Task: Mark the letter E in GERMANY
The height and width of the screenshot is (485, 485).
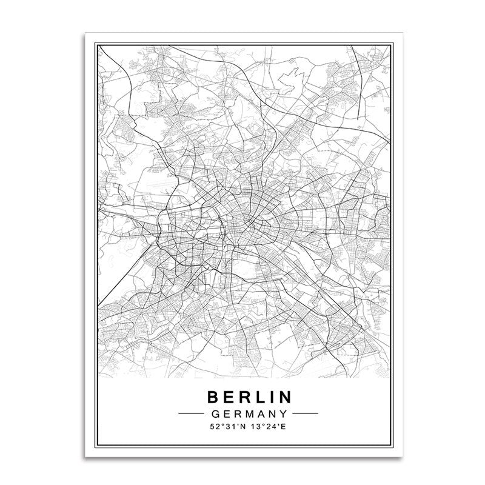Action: pos(226,413)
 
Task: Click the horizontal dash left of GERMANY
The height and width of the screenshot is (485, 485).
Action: pos(192,413)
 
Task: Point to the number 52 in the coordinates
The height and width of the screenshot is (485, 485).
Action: pos(212,428)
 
